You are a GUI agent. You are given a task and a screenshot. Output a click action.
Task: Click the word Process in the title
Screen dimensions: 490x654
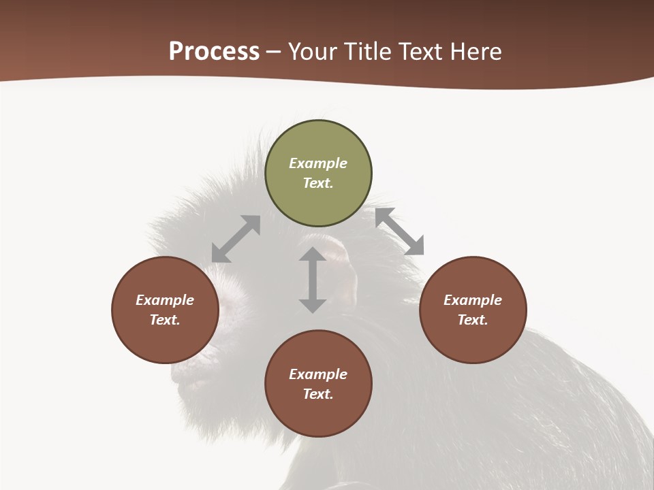[x=214, y=51]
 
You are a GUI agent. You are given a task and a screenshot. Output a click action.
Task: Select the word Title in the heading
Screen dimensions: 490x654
[x=369, y=51]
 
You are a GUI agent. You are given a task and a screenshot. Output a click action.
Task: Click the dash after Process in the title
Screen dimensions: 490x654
[x=273, y=52]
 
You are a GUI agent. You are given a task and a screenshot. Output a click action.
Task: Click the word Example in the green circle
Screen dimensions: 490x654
[x=318, y=163]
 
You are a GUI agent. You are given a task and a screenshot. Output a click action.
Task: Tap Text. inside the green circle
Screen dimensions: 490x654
[x=318, y=183]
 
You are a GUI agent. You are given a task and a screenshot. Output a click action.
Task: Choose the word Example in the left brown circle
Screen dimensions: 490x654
[x=165, y=300]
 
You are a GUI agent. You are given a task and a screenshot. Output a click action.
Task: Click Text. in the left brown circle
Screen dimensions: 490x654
[x=165, y=320]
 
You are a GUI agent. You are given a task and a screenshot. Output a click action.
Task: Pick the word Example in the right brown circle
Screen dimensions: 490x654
[x=473, y=300]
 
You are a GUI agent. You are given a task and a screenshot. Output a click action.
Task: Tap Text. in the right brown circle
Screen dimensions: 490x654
[x=473, y=320]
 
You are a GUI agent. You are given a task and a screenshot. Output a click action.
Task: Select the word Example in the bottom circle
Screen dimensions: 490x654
[x=318, y=374]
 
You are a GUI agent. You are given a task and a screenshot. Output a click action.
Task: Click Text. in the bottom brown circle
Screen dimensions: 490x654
[x=318, y=394]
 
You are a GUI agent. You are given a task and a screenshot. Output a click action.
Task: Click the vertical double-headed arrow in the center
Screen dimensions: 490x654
[x=313, y=280]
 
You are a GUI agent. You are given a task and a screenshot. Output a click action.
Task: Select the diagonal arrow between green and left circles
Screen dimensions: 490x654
[x=236, y=239]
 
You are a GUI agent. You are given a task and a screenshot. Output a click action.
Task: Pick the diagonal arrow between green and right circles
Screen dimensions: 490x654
[x=399, y=231]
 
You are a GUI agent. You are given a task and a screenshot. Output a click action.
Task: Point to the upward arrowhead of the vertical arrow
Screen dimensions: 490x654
[x=313, y=255]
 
